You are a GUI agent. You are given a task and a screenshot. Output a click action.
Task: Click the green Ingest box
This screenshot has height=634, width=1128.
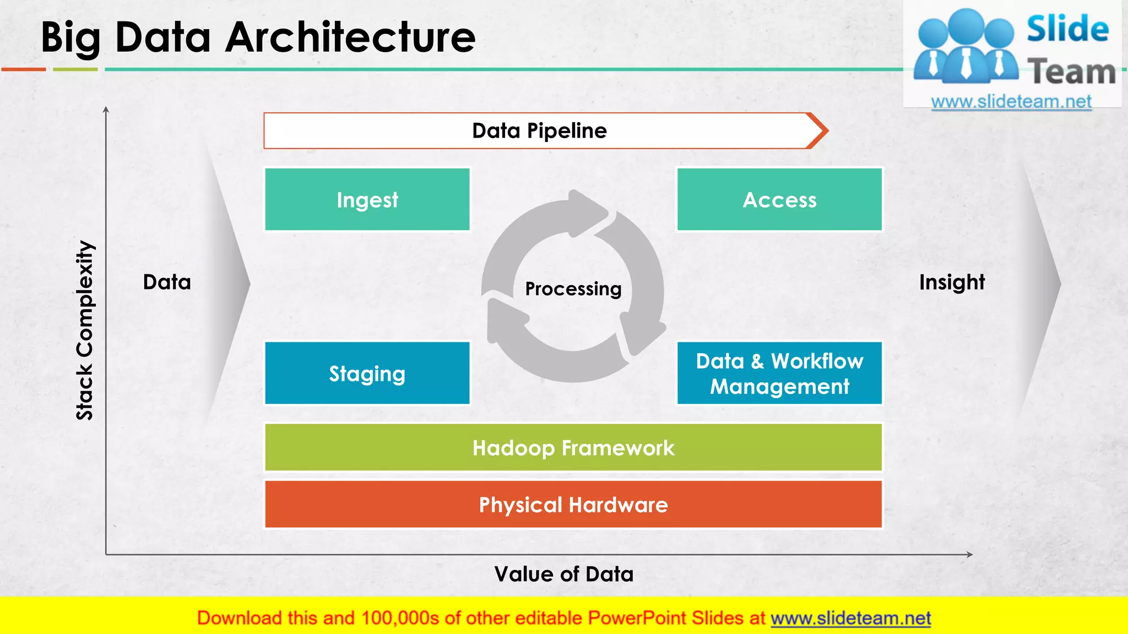coord(367,200)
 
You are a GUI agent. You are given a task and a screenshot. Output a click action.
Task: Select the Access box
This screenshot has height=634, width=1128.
coord(779,200)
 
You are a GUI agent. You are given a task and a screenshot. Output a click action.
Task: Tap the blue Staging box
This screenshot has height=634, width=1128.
coord(367,374)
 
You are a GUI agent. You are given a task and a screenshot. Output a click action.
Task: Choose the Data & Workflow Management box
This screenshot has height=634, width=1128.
coord(779,374)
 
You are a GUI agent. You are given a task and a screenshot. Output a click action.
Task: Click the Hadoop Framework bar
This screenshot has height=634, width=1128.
coord(573,448)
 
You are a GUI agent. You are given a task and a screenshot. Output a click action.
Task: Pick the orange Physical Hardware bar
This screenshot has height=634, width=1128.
coord(573,505)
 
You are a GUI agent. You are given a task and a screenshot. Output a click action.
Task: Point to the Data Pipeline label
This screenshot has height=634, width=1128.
coord(539,131)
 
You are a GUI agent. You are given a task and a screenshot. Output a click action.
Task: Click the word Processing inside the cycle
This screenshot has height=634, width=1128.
coord(573,289)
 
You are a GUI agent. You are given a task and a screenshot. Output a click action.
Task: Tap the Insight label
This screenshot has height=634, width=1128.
coord(952,282)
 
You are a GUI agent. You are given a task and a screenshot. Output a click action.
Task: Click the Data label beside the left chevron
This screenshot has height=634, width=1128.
coord(167,282)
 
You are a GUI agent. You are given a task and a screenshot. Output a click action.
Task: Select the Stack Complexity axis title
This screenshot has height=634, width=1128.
coord(85,330)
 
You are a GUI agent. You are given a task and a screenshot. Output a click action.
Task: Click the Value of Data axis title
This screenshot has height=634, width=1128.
coord(564,574)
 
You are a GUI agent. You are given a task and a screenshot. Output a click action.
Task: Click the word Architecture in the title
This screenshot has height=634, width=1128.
coord(350,37)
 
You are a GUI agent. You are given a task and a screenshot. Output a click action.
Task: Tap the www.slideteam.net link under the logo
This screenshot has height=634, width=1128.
coord(1011,102)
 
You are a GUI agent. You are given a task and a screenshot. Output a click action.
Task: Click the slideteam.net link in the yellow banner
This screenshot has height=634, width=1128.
coord(850,619)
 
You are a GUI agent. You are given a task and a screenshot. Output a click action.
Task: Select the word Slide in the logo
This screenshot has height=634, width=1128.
coord(1067,29)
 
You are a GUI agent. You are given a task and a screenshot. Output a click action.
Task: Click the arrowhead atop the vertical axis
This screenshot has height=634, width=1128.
coord(106,110)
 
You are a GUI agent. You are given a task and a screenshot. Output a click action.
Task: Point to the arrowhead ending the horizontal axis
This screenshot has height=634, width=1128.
coord(969,555)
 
